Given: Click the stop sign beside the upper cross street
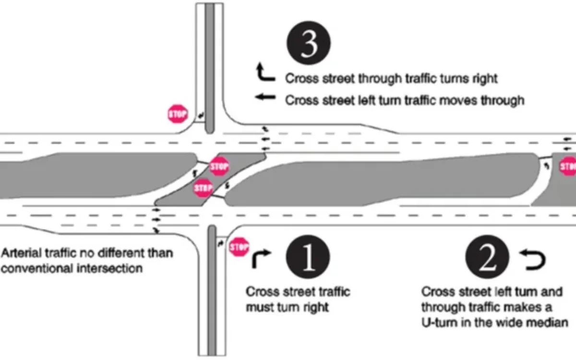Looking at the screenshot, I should pyautogui.click(x=177, y=114).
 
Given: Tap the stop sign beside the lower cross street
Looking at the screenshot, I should pyautogui.click(x=239, y=247).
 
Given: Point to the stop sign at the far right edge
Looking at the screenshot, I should pyautogui.click(x=568, y=166).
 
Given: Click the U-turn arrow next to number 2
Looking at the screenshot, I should pyautogui.click(x=533, y=260).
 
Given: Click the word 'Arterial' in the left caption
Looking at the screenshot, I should pyautogui.click(x=19, y=252).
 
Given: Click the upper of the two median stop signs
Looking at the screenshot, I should pyautogui.click(x=219, y=166).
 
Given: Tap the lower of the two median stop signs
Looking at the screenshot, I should pyautogui.click(x=203, y=188).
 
